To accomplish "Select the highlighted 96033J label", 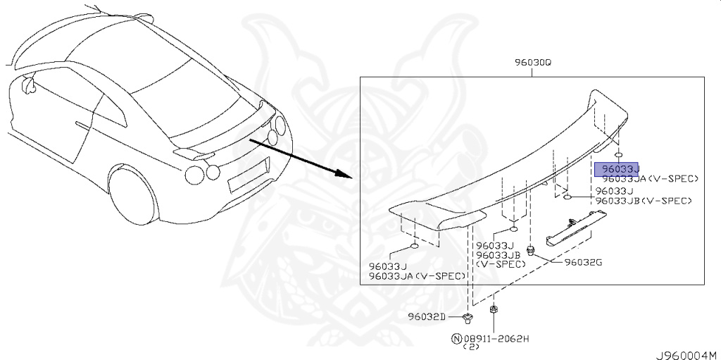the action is coord(616,169).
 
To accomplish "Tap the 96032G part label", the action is coord(583,263).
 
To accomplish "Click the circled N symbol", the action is coord(456,338).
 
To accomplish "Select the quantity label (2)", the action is coord(470,347).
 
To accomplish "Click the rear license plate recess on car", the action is coord(249,173).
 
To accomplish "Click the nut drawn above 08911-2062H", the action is coord(494,309).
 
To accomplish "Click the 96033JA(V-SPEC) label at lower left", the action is coord(415,275).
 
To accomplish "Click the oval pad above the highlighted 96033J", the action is coord(617,154).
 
